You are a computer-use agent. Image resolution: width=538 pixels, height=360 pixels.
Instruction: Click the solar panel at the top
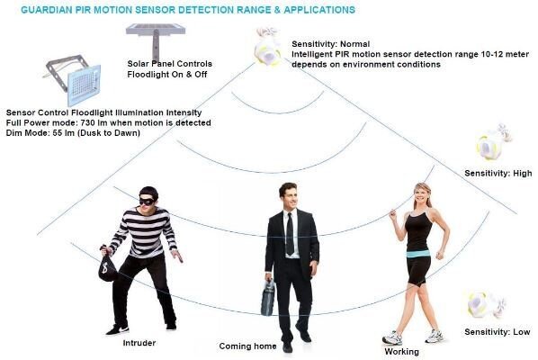156,30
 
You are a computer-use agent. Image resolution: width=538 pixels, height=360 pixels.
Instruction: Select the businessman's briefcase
268,298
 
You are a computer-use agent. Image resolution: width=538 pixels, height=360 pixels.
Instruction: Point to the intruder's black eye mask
148,201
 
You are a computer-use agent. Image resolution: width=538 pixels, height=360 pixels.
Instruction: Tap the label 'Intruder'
139,343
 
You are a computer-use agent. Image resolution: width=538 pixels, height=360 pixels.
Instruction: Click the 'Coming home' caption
247,346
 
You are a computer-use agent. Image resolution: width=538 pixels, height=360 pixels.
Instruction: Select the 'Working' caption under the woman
401,352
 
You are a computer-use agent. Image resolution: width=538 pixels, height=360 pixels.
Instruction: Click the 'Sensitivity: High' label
498,174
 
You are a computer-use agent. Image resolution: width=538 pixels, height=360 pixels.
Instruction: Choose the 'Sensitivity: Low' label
498,332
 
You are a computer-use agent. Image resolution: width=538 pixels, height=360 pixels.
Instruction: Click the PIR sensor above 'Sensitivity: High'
493,142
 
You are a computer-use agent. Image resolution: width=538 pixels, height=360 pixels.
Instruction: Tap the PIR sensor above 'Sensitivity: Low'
485,304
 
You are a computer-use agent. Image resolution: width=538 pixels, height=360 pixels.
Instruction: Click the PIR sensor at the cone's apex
267,48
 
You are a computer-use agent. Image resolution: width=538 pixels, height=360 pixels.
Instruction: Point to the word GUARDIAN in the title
47,10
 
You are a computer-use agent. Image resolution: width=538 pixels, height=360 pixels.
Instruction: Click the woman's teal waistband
418,254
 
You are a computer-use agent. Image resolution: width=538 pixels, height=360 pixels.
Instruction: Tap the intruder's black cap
149,192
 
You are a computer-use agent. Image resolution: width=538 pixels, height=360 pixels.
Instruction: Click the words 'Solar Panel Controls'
169,64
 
